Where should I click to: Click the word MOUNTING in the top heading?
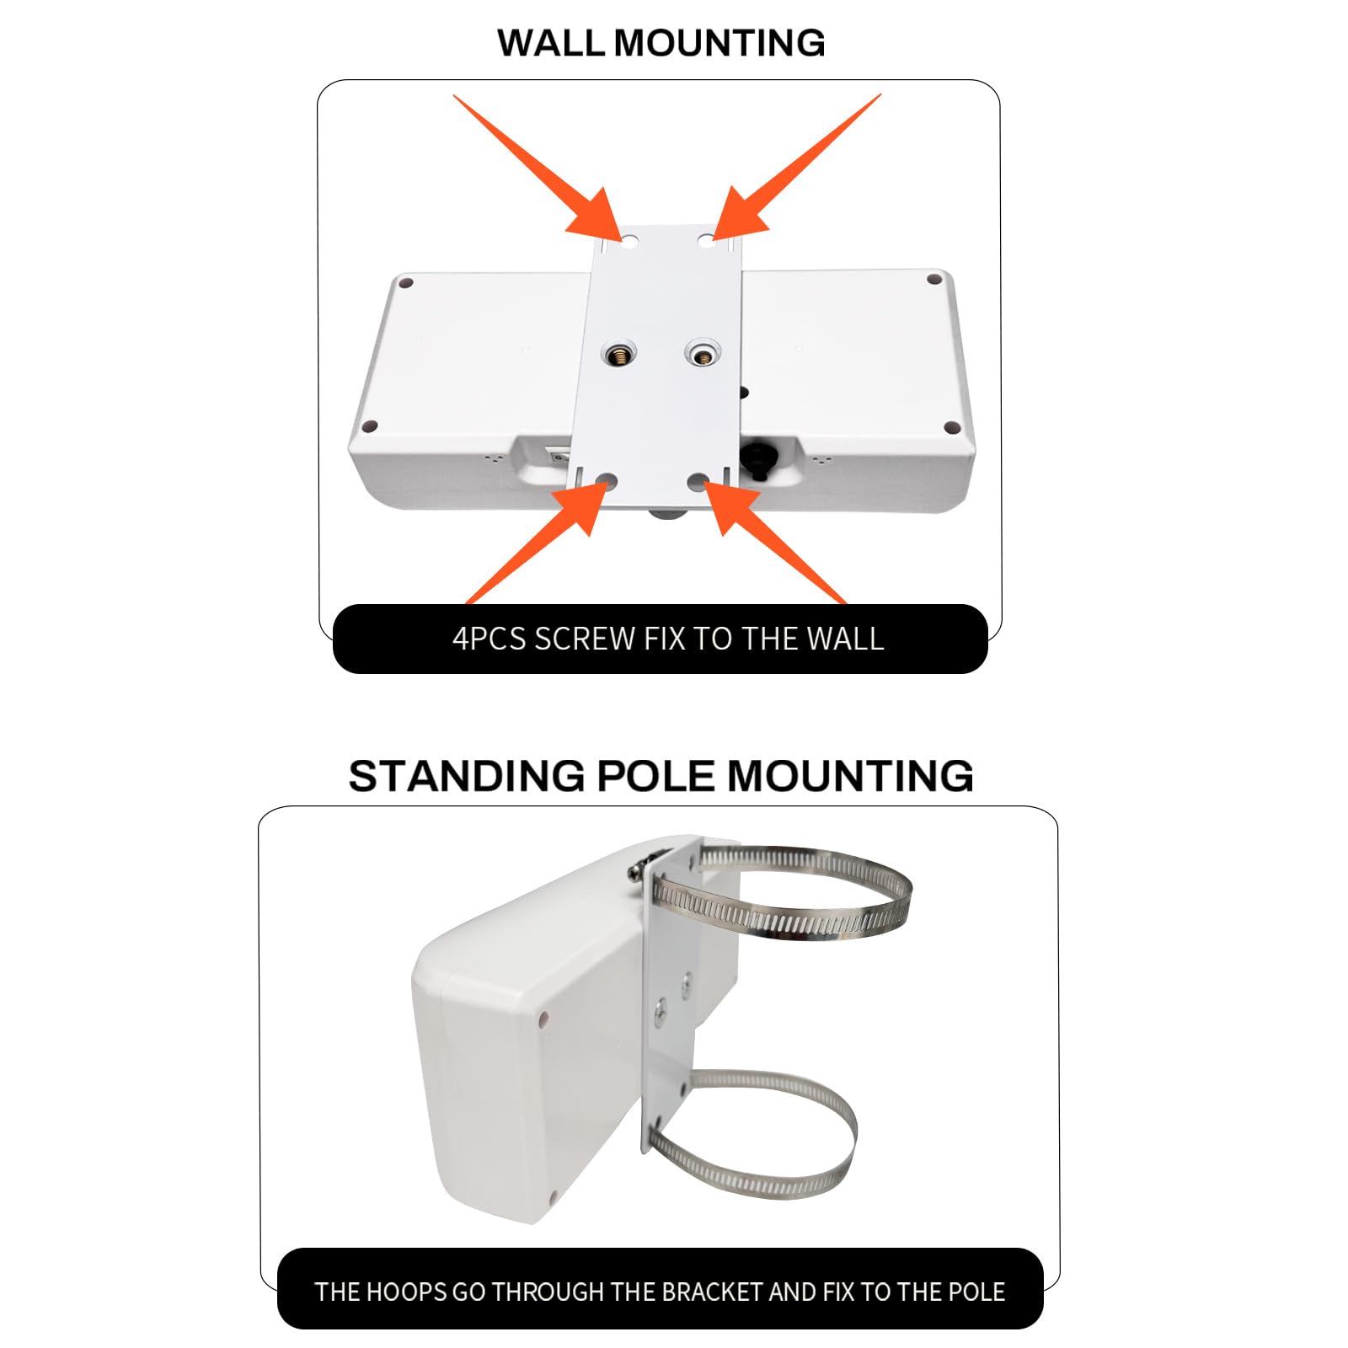720,43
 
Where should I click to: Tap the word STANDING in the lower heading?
466,776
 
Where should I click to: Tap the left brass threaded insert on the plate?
619,355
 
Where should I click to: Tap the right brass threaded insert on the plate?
702,353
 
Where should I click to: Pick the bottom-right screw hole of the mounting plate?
698,482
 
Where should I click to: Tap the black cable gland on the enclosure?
757,460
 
